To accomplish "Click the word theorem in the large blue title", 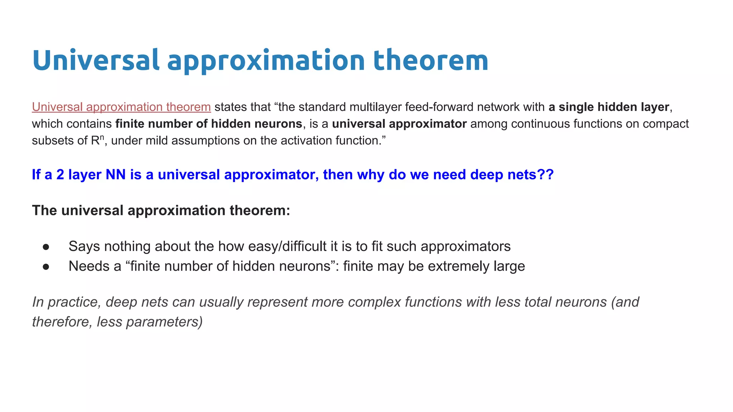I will [431, 60].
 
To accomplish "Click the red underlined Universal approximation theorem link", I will [121, 107].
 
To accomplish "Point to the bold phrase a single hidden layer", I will [608, 107].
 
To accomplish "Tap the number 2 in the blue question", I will [60, 175].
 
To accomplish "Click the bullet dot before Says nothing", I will [46, 247].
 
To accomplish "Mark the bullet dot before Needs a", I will [46, 267].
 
